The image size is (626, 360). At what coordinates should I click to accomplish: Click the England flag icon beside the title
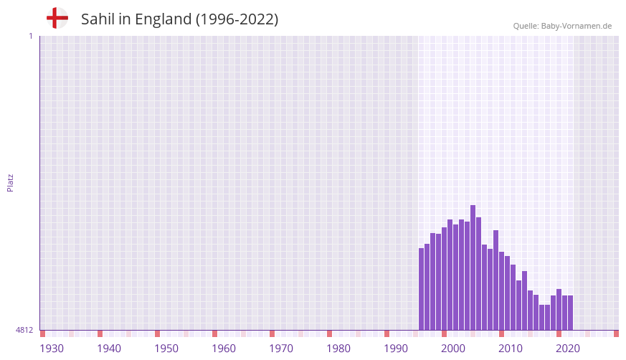57,18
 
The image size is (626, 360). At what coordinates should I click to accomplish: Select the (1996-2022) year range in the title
237,19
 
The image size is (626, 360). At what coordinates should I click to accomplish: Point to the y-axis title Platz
10,182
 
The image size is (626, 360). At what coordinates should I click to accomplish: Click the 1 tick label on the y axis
30,36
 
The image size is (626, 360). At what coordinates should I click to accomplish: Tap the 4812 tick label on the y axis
24,330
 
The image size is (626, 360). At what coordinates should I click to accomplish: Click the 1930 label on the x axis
52,349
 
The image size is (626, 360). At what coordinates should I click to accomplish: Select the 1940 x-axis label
109,349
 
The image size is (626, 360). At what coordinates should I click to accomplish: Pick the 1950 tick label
166,349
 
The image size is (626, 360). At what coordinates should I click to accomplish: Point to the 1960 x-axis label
224,349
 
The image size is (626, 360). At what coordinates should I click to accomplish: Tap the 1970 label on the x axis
281,349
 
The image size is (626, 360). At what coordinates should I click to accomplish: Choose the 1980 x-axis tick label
338,349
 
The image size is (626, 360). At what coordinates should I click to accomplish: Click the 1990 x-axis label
396,349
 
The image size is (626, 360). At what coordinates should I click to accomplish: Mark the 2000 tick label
453,349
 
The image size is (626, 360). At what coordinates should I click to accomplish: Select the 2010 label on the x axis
511,349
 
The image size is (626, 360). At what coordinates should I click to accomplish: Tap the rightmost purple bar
571,313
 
